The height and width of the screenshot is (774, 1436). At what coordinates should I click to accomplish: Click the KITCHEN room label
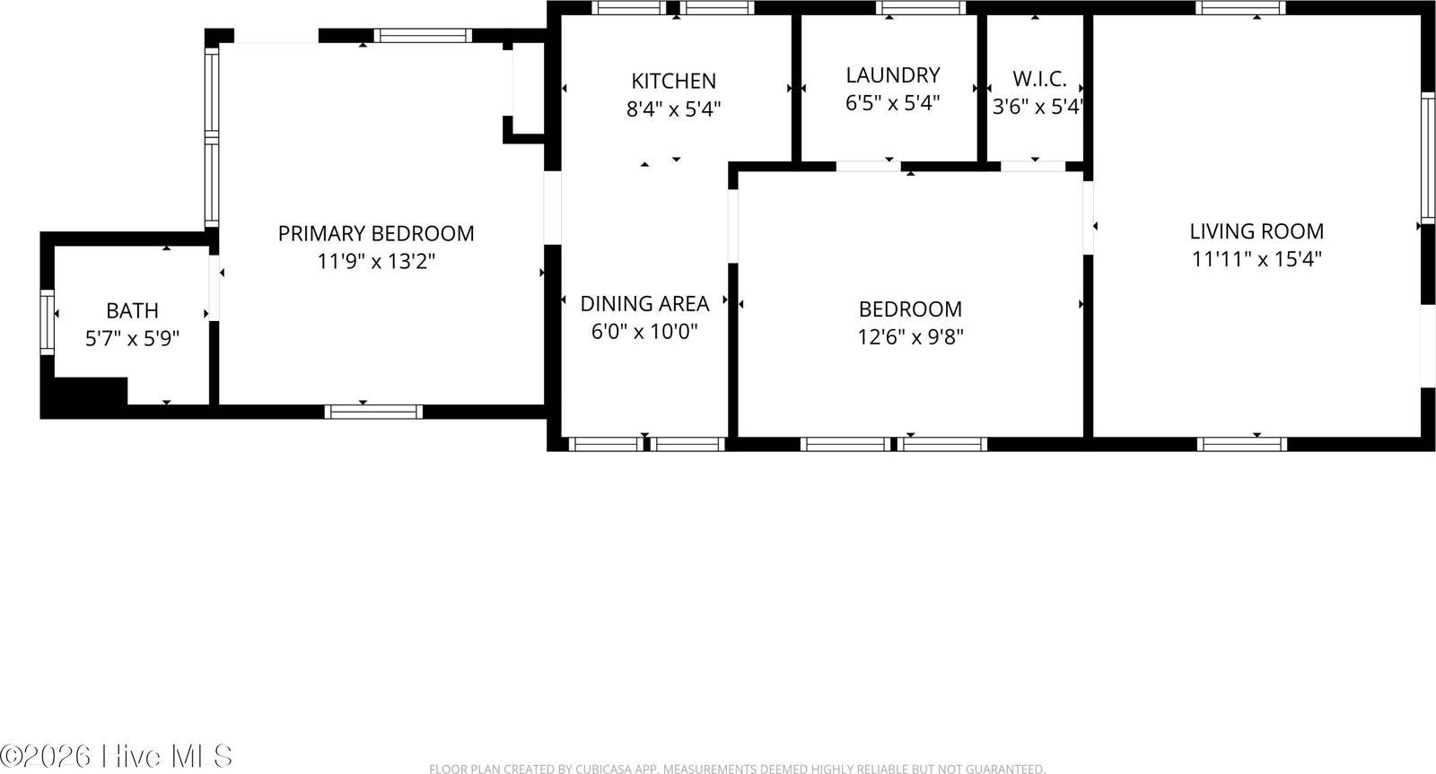click(x=673, y=81)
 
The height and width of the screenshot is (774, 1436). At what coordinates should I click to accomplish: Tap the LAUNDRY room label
click(x=892, y=74)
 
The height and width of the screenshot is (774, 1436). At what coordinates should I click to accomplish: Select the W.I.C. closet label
click(x=1039, y=79)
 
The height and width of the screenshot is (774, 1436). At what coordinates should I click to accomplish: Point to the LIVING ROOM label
click(x=1256, y=231)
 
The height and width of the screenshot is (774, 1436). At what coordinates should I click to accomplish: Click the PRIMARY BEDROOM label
click(x=376, y=234)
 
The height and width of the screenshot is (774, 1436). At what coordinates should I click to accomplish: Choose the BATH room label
click(x=133, y=311)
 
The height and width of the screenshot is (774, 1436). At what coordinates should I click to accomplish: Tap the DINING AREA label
click(x=644, y=303)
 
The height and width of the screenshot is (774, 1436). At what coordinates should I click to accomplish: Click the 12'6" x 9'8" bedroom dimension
click(x=910, y=337)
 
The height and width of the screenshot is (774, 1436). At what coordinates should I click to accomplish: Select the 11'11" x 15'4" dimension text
click(x=1256, y=260)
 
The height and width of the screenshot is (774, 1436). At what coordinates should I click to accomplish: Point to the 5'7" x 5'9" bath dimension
click(x=133, y=339)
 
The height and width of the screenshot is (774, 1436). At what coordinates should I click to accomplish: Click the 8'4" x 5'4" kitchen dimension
click(x=673, y=109)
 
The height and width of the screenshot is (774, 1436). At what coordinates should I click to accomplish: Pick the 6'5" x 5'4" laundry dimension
click(x=892, y=103)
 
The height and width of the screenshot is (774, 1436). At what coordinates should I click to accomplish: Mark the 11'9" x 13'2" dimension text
click(x=376, y=262)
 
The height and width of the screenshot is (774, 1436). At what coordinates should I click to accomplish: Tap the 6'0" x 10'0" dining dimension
click(x=644, y=332)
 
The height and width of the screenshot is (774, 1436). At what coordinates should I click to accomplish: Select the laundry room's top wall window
click(x=921, y=8)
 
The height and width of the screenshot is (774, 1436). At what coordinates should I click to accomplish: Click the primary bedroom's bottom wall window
click(x=373, y=412)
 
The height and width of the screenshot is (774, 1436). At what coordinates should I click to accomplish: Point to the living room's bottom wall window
click(x=1242, y=444)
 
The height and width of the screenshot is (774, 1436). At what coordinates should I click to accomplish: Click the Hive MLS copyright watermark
click(x=117, y=755)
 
